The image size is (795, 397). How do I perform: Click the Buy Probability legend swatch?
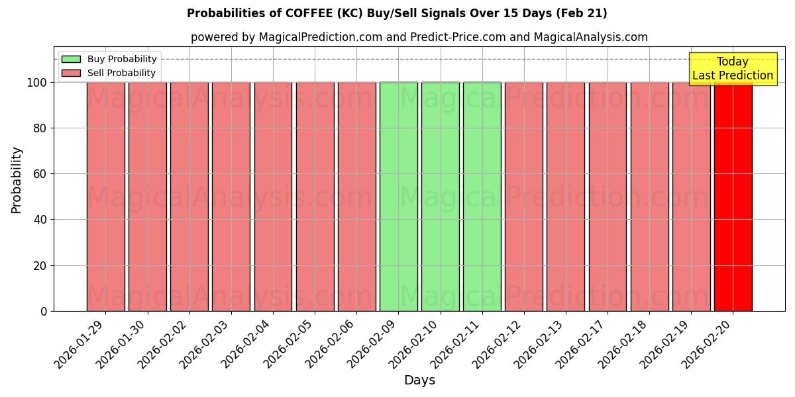coord(71,60)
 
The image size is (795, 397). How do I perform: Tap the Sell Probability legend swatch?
coord(71,73)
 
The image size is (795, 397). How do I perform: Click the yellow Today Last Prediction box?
coord(732,69)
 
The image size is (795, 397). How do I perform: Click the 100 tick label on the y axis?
coord(36,83)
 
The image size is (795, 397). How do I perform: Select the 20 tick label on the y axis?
coord(40,266)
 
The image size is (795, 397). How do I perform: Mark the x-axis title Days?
coord(419,380)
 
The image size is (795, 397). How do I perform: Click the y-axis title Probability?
coord(17,179)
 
